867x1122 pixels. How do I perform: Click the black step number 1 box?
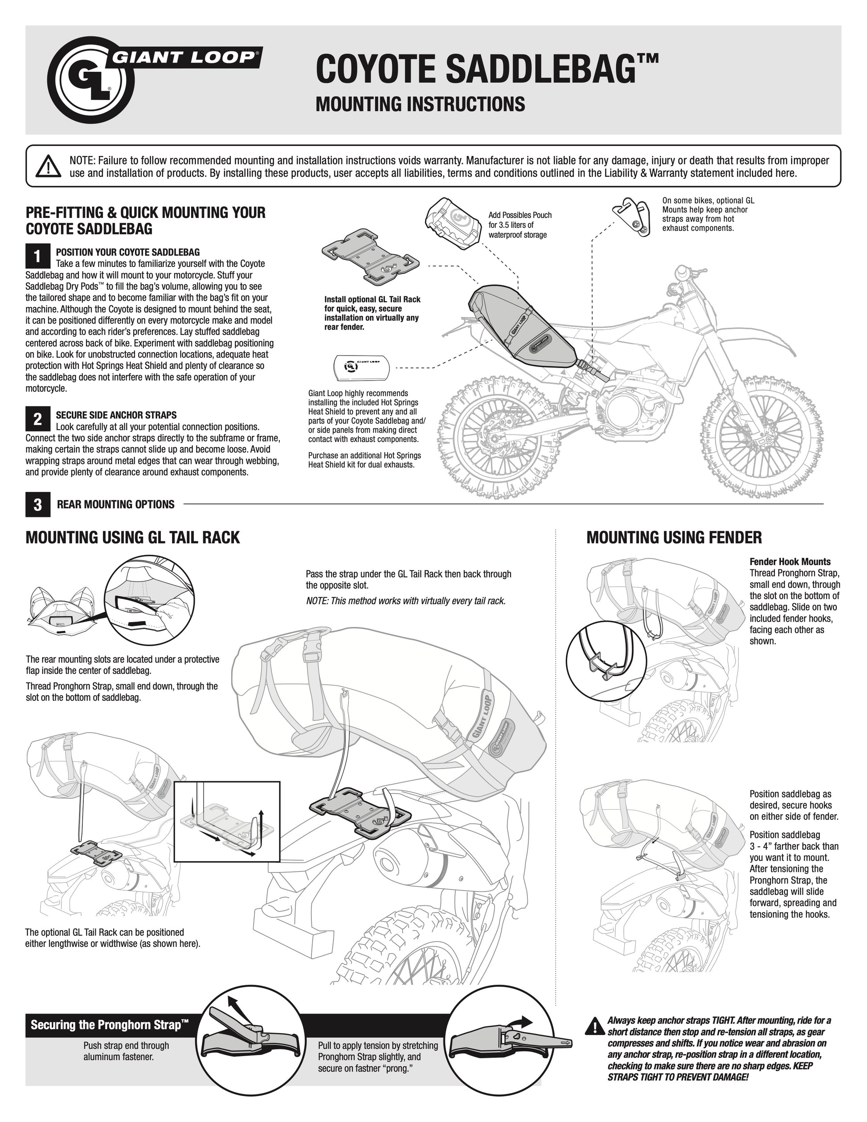[x=37, y=256]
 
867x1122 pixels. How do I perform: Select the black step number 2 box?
[x=37, y=419]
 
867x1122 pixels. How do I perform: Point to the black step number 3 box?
[x=37, y=504]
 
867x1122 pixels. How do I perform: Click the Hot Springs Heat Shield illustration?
[x=362, y=367]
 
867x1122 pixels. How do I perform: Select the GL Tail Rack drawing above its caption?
[x=370, y=257]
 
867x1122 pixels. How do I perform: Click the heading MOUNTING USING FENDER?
[x=674, y=538]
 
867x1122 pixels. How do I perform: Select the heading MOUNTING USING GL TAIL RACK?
[x=132, y=538]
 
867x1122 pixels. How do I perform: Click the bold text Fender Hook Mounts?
[x=790, y=561]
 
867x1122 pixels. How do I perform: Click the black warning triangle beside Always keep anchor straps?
[x=594, y=1025]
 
